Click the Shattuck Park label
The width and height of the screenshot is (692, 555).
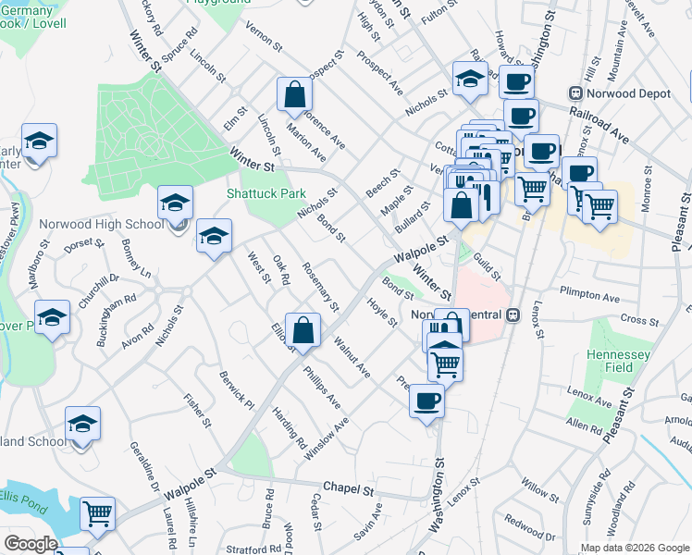click(266, 194)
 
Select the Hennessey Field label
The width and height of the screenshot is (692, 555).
click(620, 361)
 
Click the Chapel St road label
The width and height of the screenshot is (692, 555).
click(348, 487)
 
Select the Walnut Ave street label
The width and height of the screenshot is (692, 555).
click(352, 360)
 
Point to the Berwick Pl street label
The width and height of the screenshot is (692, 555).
click(237, 389)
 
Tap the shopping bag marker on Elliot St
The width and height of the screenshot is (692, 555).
click(303, 329)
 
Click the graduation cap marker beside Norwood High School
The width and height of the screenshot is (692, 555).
click(176, 203)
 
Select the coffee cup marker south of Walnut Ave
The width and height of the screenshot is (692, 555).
click(426, 401)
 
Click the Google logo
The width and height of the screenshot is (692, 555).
click(31, 544)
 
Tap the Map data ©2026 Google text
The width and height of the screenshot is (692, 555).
click(634, 548)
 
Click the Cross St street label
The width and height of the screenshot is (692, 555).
click(638, 320)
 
